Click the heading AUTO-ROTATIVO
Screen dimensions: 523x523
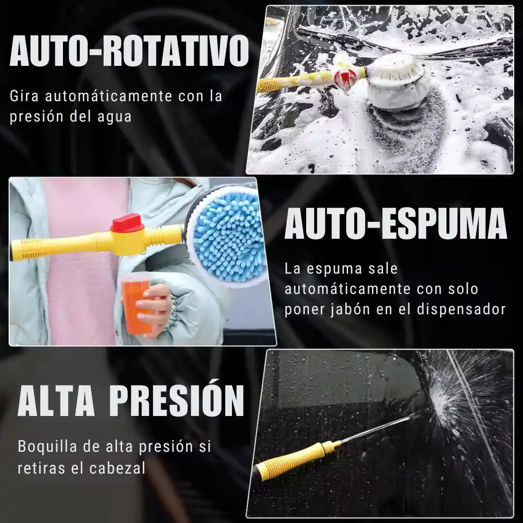(x=129, y=50)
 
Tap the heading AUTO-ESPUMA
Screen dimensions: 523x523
(x=395, y=224)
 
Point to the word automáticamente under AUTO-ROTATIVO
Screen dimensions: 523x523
(x=111, y=96)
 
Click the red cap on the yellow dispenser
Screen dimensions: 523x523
(x=127, y=224)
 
